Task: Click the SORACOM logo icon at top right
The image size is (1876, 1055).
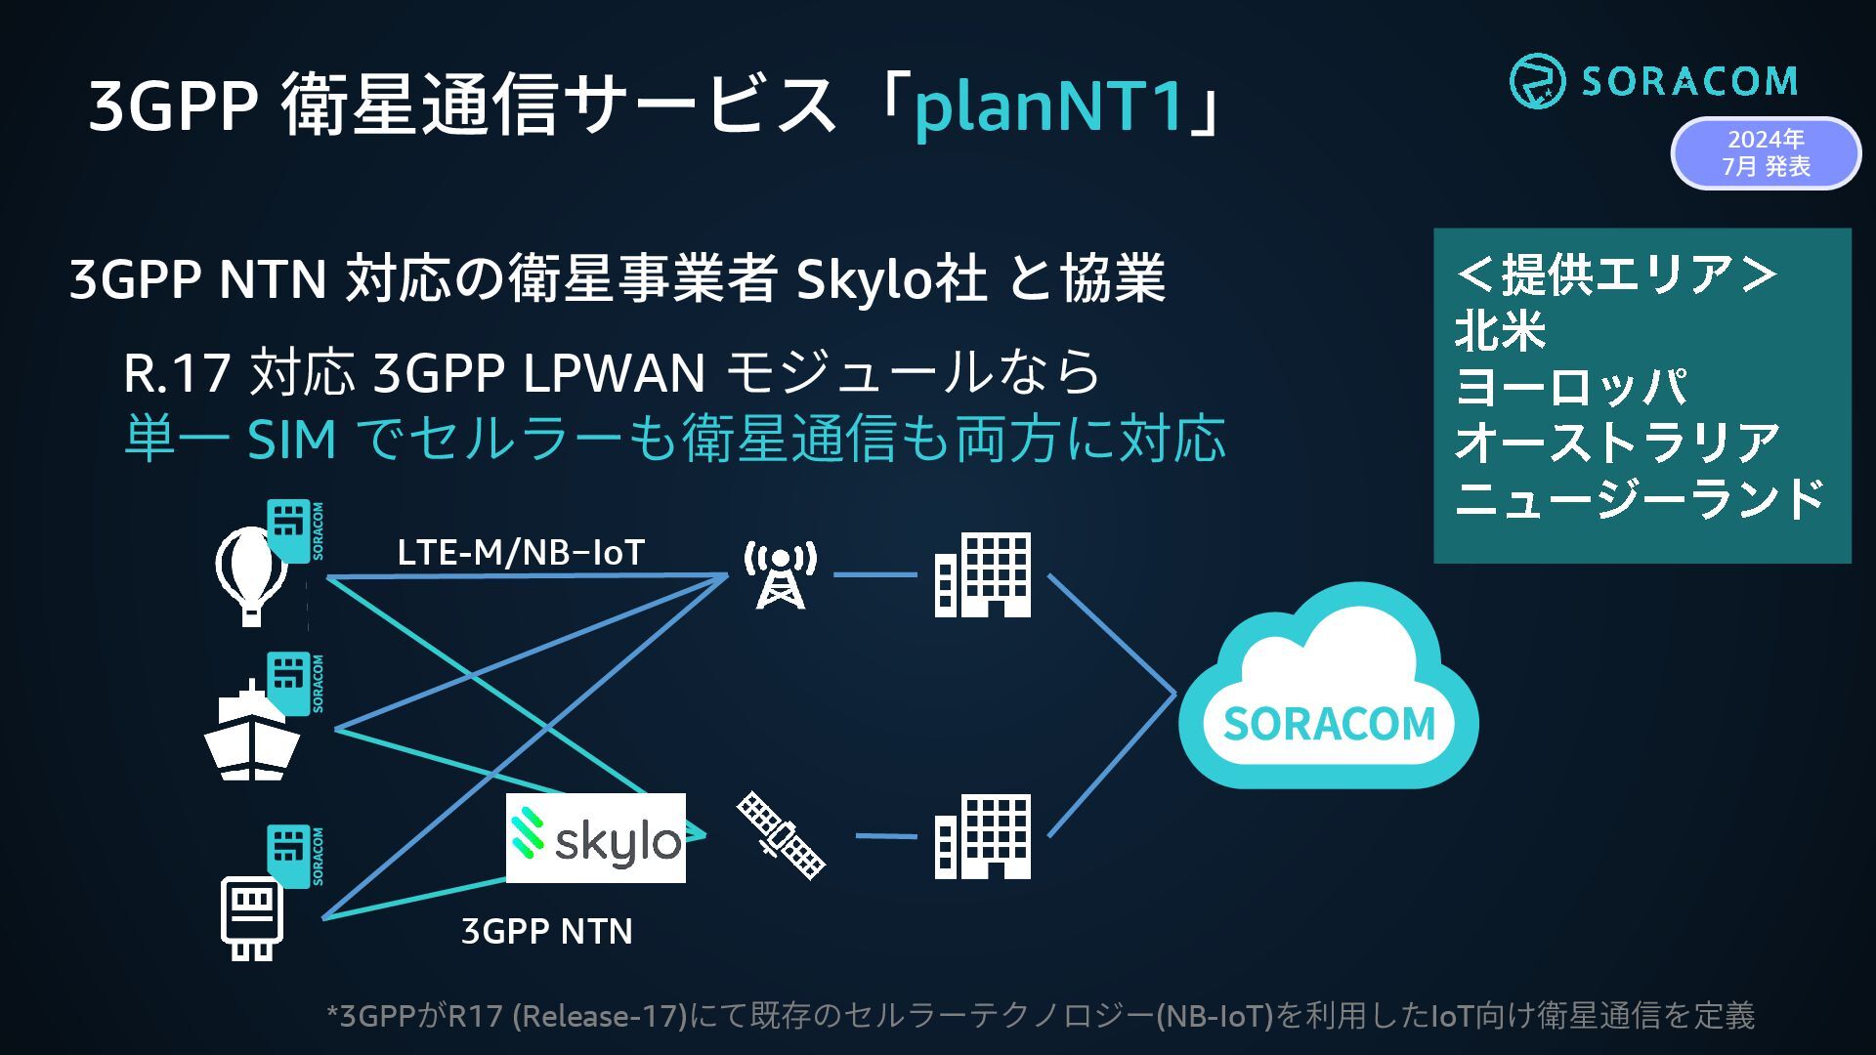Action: [1537, 80]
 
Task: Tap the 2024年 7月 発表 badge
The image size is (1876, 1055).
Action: [1766, 153]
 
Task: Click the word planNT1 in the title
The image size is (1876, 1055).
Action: [1049, 105]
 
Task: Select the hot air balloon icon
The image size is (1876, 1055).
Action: [251, 574]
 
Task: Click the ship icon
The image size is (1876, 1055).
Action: [251, 735]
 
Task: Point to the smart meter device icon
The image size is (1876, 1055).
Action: [252, 917]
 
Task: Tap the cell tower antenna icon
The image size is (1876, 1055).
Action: [780, 574]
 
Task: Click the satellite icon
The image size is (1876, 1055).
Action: [781, 835]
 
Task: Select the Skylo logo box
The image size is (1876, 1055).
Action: [595, 838]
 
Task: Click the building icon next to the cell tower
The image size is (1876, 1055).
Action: [982, 574]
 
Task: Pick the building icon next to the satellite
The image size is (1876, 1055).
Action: [982, 836]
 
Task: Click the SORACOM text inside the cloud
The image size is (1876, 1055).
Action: [1329, 724]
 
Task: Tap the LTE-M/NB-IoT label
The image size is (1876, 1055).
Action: [521, 553]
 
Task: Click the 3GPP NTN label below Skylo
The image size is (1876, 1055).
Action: [546, 931]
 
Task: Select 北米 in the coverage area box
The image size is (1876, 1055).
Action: [1500, 331]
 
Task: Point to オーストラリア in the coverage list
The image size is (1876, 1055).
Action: [1617, 443]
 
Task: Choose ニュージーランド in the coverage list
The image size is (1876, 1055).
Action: [1639, 498]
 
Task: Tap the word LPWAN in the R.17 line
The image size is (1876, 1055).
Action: [614, 373]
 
